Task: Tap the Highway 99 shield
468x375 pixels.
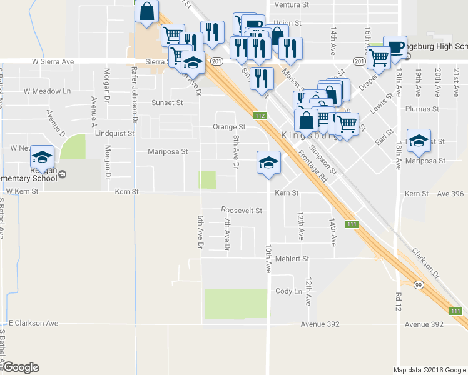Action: (419, 283)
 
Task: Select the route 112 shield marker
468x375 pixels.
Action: (260, 115)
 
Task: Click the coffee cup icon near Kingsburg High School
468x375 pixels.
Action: (395, 46)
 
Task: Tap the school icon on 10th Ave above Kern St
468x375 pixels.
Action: (268, 162)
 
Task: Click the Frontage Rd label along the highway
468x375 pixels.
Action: (314, 166)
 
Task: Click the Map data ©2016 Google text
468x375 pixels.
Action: (429, 370)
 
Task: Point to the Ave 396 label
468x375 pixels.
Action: (452, 194)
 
